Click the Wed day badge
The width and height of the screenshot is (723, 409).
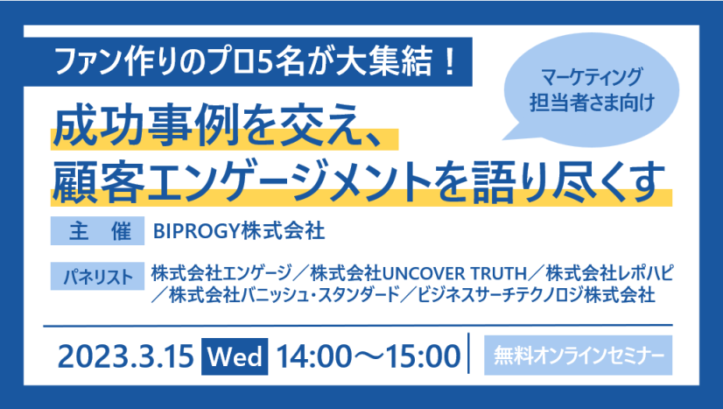pos(235,356)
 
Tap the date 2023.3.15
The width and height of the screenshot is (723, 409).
pos(125,356)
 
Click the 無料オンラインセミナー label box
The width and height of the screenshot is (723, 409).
pos(579,355)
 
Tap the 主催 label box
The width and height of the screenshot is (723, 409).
pos(97,230)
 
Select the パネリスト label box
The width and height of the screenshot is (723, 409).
pos(97,276)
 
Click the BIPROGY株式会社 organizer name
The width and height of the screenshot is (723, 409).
pos(239,231)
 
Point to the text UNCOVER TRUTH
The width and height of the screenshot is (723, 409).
pos(454,274)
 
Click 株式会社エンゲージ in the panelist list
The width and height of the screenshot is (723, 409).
pos(221,273)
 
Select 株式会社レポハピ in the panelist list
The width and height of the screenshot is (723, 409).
pos(609,273)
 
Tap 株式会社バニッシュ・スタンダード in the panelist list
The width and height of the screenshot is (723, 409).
pos(284,294)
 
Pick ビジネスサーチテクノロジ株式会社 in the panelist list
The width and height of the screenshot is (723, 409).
pos(536,294)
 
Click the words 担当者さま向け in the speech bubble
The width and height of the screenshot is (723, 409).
pos(592,102)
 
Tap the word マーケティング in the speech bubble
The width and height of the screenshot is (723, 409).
pos(592,77)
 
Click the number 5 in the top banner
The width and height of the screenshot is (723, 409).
pos(263,62)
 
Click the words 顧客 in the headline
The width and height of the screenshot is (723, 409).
pos(98,181)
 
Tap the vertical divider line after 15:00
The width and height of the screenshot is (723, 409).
pos(469,353)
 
